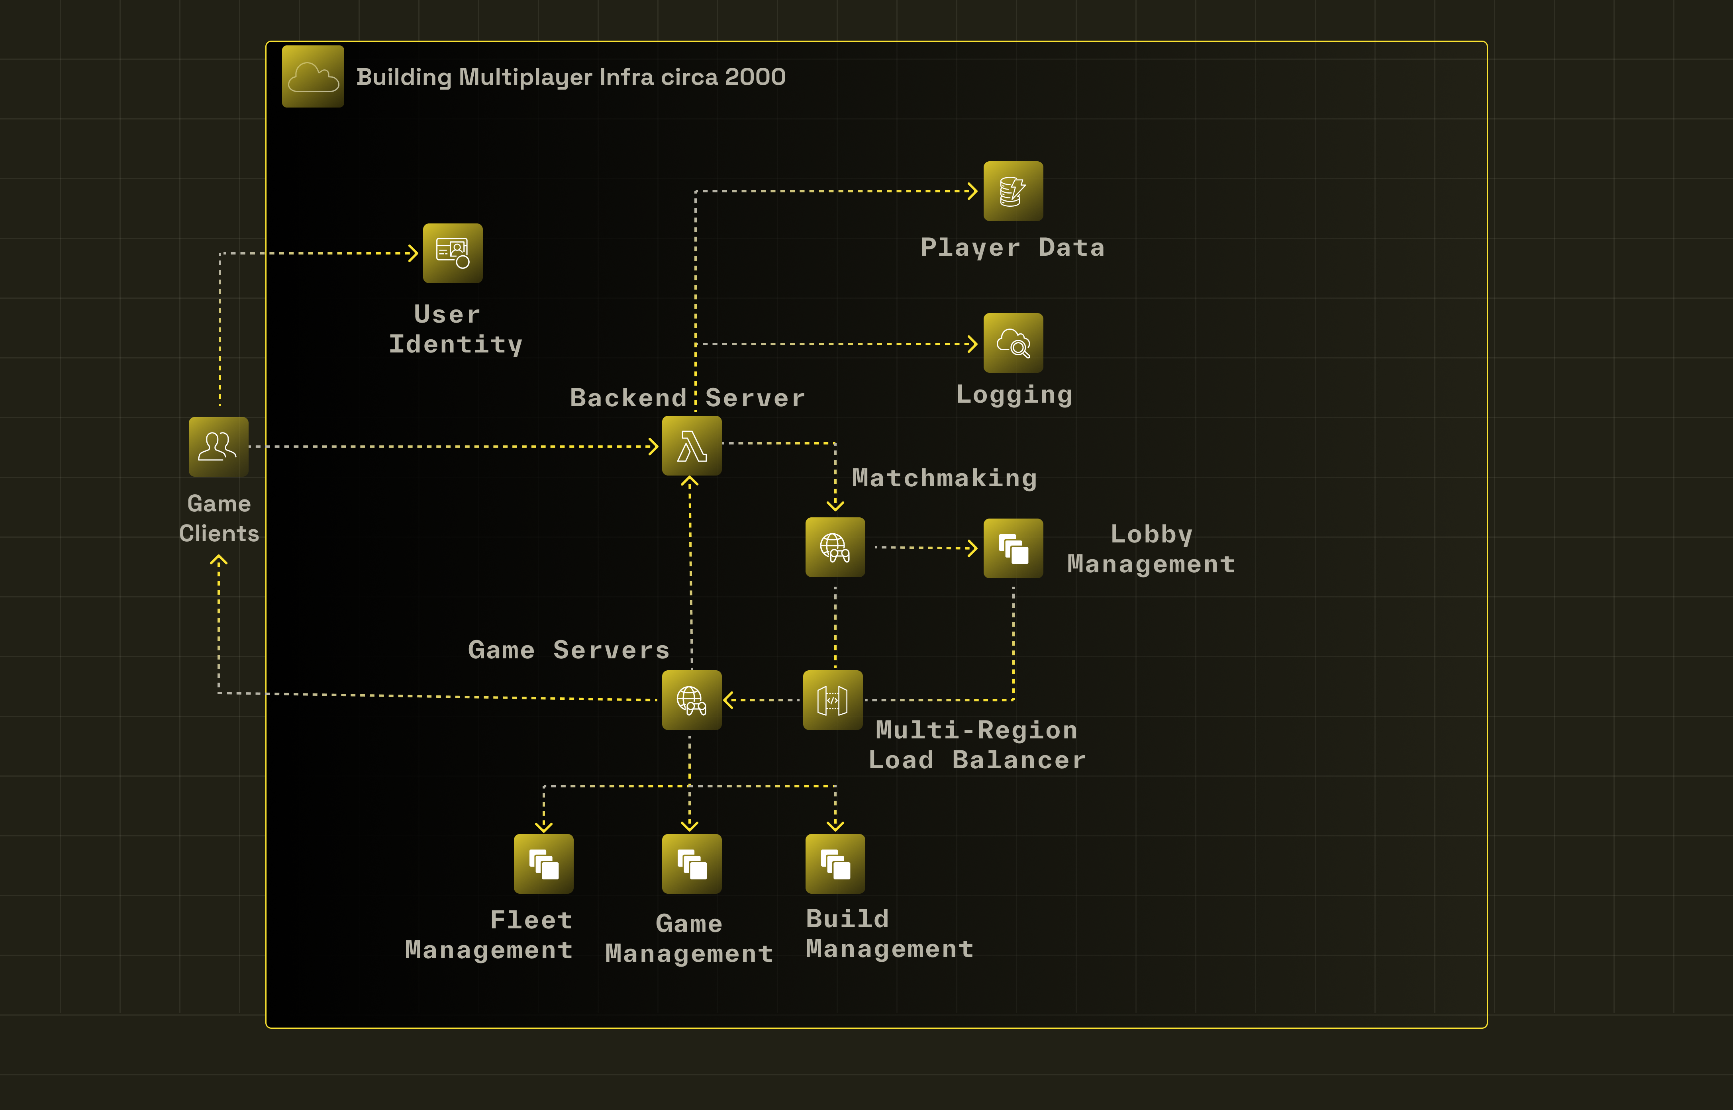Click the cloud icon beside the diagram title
click(x=313, y=76)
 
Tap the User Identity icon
click(x=453, y=253)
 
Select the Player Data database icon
click(x=1013, y=191)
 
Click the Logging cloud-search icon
click(x=1013, y=343)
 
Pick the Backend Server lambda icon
click(x=691, y=445)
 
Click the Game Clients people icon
click(x=218, y=446)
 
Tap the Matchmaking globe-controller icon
click(x=835, y=547)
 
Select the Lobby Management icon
click(x=1013, y=548)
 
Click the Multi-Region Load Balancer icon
click(x=833, y=700)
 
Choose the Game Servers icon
click(x=691, y=700)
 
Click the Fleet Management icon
click(x=543, y=863)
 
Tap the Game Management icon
click(x=691, y=863)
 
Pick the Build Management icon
click(x=835, y=863)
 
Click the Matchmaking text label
click(x=944, y=478)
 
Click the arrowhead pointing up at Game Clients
click(x=218, y=560)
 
